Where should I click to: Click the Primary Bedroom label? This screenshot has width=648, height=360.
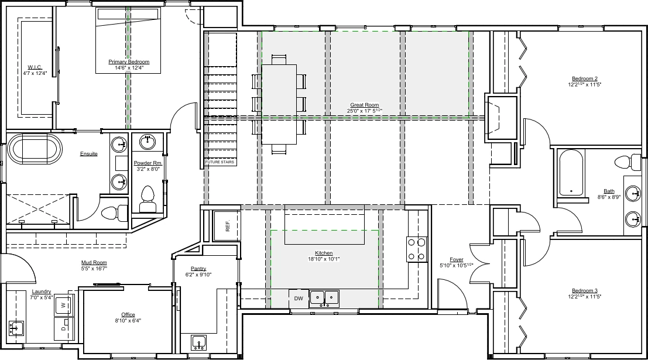point(129,61)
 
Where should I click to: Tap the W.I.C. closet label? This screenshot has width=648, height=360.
point(35,67)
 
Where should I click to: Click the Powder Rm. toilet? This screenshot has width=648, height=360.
point(148,199)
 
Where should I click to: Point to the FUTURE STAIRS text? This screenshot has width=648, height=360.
point(220,162)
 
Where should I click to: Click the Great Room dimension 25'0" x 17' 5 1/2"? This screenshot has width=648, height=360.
point(365,111)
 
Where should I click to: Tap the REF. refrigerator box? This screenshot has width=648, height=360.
point(227,226)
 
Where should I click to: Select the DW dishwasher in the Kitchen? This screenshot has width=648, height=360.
point(299,299)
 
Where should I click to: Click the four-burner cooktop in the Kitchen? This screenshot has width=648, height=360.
point(417,249)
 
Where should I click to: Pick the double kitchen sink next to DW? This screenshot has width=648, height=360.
point(324,298)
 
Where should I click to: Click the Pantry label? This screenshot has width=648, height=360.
point(198,269)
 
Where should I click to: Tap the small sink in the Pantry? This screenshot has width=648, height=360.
point(199,342)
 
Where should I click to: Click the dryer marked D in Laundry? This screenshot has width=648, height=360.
point(64,328)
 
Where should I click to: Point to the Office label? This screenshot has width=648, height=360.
point(128,314)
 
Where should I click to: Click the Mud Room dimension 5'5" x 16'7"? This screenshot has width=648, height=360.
point(94,268)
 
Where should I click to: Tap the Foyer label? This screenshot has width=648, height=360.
point(457,259)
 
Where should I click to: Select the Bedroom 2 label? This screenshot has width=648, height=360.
point(585,78)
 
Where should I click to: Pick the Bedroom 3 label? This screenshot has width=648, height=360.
point(585,290)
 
